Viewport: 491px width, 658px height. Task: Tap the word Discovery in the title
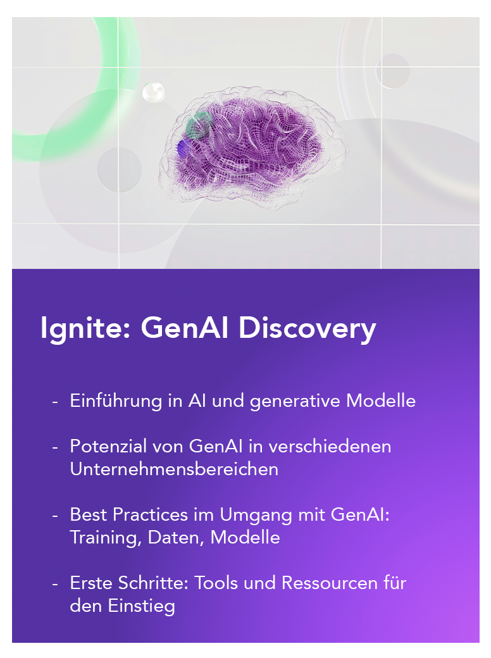307,328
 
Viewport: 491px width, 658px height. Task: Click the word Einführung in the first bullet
116,400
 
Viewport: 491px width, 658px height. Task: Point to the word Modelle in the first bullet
381,400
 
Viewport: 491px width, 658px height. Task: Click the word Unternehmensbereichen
174,469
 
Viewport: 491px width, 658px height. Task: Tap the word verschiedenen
330,446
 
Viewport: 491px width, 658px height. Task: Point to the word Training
105,538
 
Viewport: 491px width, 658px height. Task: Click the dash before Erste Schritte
55,584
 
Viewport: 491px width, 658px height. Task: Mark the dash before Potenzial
55,447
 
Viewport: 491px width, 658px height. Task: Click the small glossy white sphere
153,92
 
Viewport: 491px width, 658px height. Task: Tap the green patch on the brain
198,125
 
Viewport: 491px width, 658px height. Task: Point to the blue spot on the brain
183,147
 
